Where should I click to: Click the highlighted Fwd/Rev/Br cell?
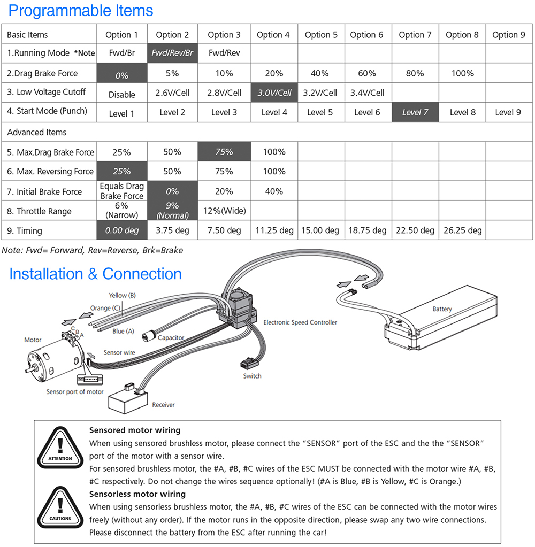pyautogui.click(x=172, y=53)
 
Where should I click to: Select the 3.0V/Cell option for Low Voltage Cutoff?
pyautogui.click(x=274, y=93)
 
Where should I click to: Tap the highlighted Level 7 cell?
pyautogui.click(x=415, y=112)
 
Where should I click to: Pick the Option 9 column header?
pyautogui.click(x=508, y=35)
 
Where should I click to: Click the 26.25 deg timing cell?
pyautogui.click(x=462, y=230)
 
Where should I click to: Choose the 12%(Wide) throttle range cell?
pyautogui.click(x=224, y=211)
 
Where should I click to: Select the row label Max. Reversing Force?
pyautogui.click(x=51, y=172)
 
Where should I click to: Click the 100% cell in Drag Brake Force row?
pyautogui.click(x=462, y=73)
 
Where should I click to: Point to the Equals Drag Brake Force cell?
pyautogui.click(x=122, y=191)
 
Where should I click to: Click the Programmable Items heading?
pyautogui.click(x=81, y=11)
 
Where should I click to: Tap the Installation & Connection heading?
pyautogui.click(x=95, y=274)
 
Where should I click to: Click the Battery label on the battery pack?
pyautogui.click(x=442, y=309)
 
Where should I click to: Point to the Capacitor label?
pyautogui.click(x=171, y=338)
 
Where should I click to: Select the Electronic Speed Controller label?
pyautogui.click(x=300, y=322)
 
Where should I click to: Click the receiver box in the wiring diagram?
pyautogui.click(x=128, y=398)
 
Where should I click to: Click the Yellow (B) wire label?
pyautogui.click(x=123, y=296)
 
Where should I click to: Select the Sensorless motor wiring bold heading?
pyautogui.click(x=137, y=494)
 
